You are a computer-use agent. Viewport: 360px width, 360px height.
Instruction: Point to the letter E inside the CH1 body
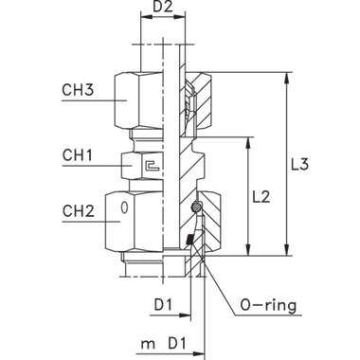[x=149, y=165]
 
